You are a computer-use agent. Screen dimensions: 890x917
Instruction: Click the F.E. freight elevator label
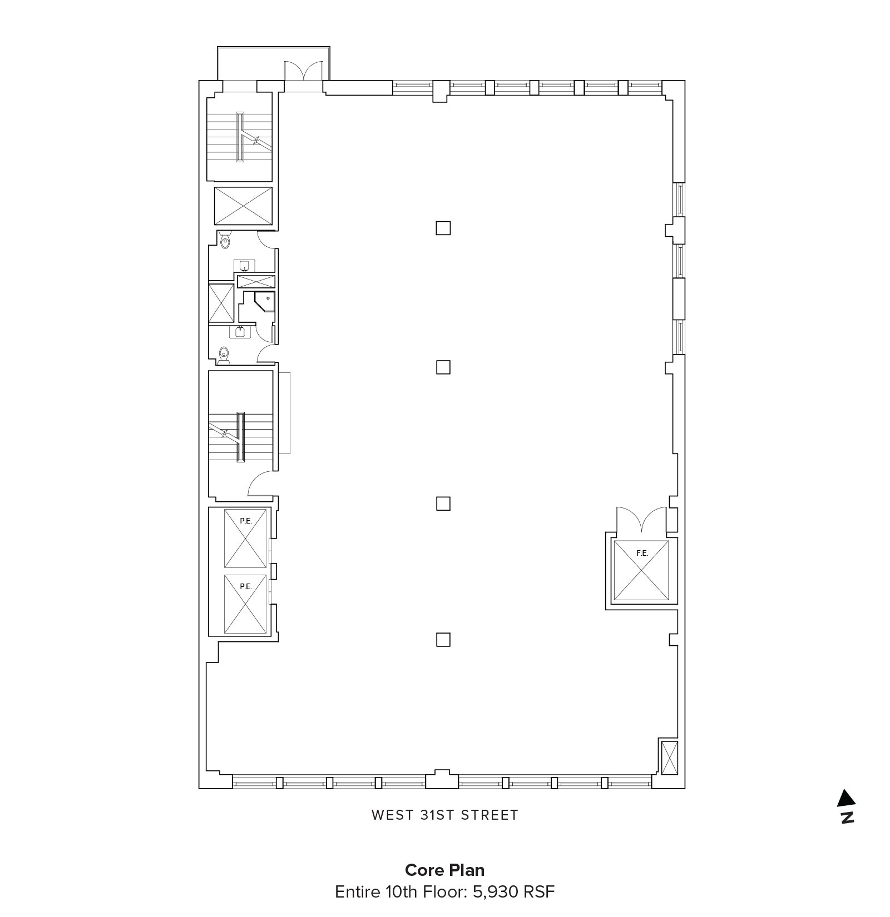642,553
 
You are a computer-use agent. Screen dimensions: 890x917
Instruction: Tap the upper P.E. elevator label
245,521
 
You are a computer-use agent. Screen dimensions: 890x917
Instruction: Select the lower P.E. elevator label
245,586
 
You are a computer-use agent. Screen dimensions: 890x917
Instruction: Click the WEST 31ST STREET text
445,815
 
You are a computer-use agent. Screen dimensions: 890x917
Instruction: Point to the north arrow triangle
846,798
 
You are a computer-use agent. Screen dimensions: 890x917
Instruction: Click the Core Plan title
444,870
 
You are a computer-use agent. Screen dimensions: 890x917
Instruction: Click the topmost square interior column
443,228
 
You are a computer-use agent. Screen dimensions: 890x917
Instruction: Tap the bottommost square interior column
443,640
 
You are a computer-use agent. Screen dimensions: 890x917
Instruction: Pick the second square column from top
443,367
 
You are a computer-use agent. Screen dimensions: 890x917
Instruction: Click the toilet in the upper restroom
225,240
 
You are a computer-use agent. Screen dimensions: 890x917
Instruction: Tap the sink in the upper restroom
244,265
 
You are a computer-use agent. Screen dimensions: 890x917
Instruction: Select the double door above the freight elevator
641,521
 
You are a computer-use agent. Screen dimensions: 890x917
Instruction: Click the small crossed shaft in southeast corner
669,756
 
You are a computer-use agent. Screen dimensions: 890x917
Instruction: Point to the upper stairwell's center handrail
240,137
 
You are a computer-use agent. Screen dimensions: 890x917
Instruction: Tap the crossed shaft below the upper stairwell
243,206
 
